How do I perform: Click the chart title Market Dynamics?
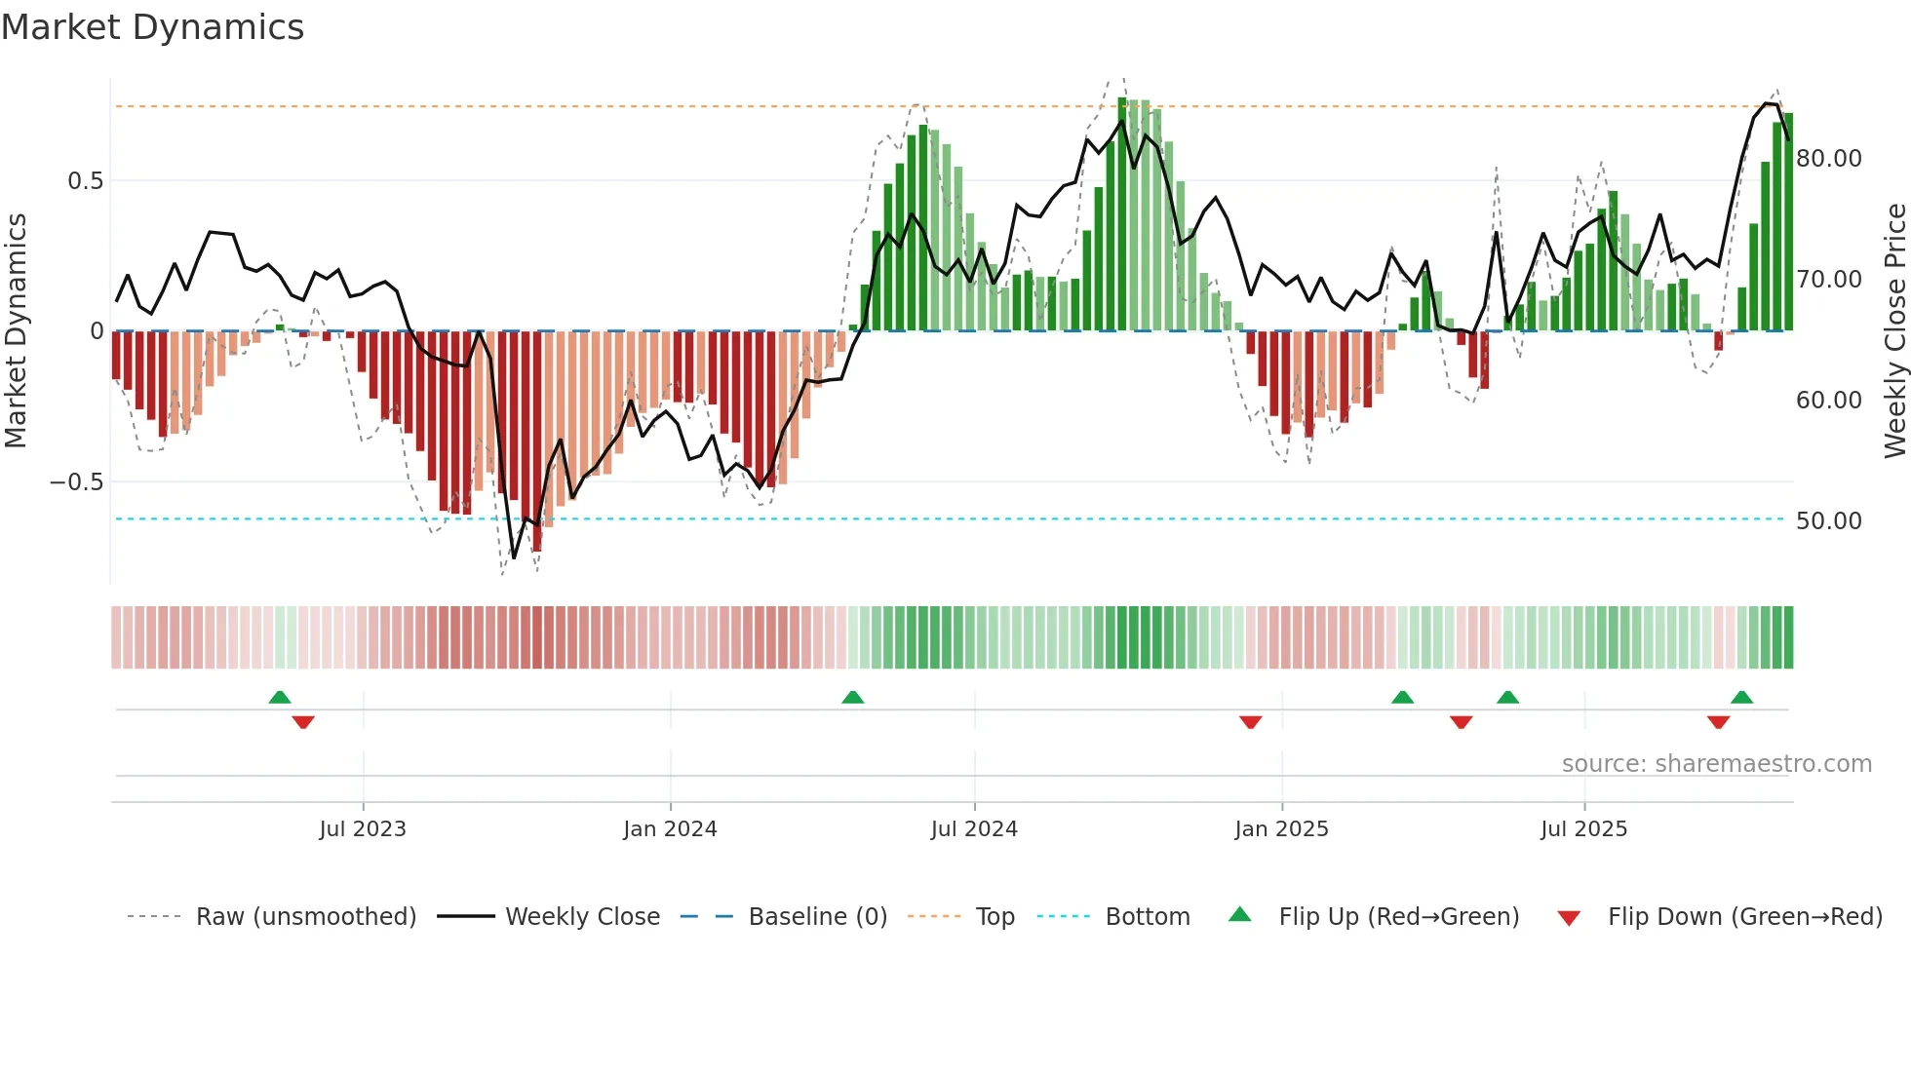152,27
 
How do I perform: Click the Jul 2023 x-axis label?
363,829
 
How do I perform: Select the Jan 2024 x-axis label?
670,829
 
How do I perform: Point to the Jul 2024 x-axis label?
974,829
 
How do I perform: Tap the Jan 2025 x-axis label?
1281,829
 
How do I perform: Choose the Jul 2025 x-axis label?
1583,829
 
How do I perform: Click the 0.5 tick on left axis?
85,181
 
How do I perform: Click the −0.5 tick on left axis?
76,482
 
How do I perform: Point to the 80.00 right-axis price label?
1828,159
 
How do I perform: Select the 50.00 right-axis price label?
1828,521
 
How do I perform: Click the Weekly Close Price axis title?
1894,331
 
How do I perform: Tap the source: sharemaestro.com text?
1716,764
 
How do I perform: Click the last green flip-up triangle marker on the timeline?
1741,698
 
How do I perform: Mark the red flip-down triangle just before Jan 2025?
1250,722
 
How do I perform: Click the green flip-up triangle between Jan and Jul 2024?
852,698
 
